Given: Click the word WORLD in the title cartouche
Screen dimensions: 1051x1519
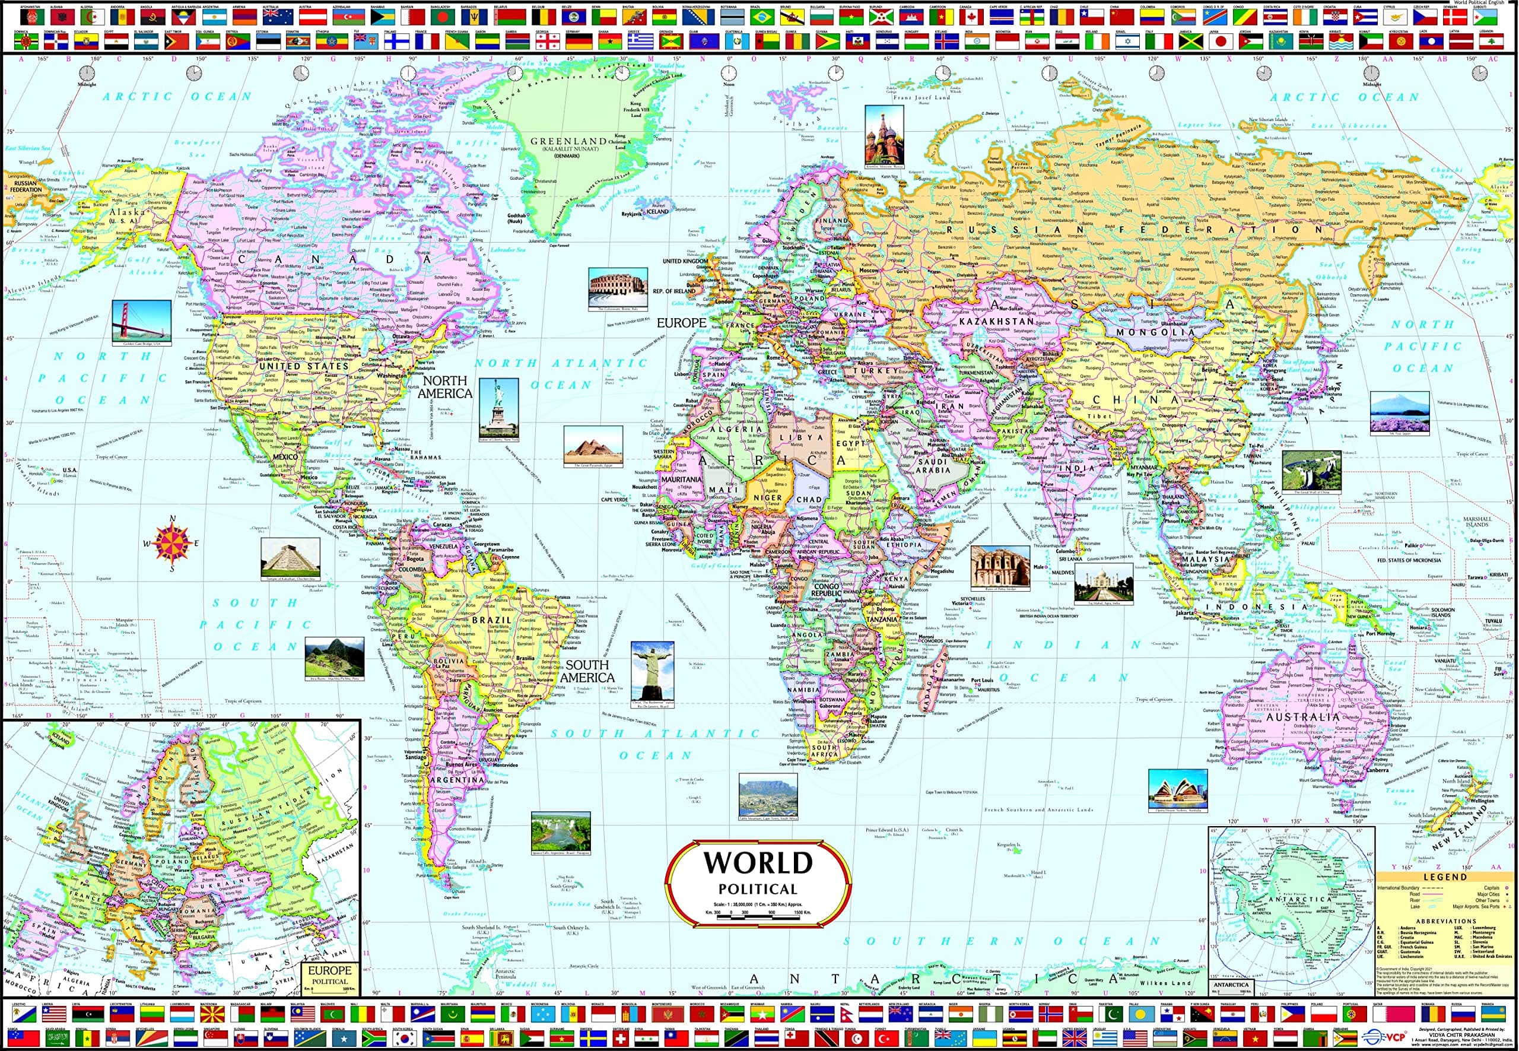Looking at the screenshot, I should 757,863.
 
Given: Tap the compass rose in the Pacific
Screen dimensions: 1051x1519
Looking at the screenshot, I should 172,543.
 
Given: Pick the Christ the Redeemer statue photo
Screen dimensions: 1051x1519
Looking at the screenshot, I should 652,671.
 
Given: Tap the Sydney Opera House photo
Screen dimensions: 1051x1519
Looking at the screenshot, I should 1177,789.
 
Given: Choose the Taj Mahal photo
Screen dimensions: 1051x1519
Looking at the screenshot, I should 1104,582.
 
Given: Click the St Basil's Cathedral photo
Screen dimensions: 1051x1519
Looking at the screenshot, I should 884,135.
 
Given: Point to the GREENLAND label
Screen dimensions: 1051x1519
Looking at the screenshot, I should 568,142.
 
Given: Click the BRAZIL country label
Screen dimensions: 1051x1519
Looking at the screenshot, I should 491,620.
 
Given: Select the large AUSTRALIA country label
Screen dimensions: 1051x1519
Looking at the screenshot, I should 1302,716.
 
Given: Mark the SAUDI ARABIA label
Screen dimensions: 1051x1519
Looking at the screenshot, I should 933,466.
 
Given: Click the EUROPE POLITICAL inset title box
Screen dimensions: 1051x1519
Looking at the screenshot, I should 330,975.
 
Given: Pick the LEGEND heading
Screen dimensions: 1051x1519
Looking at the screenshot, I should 1445,877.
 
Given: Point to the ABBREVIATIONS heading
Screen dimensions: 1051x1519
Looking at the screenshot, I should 1446,920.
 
